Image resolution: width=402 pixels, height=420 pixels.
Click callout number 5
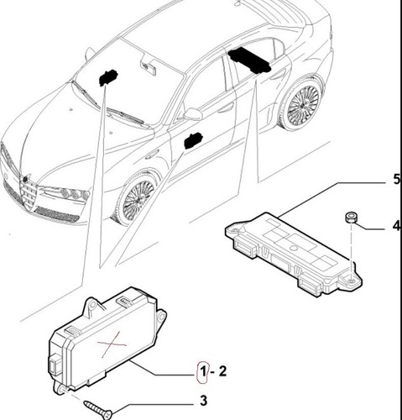pos(397,179)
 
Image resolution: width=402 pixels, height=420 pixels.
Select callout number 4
pos(396,225)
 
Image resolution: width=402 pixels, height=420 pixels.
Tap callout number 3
pos(203,401)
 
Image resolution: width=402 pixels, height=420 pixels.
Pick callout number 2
pos(222,371)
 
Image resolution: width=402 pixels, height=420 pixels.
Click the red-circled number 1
pos(202,372)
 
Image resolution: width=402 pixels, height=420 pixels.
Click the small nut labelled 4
pos(350,218)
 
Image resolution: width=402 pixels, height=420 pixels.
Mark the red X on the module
pos(112,344)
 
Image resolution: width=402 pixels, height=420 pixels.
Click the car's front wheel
pos(137,199)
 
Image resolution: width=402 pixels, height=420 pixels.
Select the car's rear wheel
pos(302,104)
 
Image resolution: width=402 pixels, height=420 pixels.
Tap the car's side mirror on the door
pos(193,114)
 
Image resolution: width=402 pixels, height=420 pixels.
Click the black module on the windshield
pos(107,76)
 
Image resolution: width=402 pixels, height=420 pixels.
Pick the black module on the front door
pos(192,141)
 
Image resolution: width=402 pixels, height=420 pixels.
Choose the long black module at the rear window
pos(249,60)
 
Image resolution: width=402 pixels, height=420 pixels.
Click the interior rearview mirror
pos(149,66)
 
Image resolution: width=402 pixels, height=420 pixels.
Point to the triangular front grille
pos(29,192)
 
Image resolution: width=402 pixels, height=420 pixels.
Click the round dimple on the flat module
pos(293,248)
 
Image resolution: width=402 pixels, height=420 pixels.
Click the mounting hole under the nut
pos(352,281)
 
